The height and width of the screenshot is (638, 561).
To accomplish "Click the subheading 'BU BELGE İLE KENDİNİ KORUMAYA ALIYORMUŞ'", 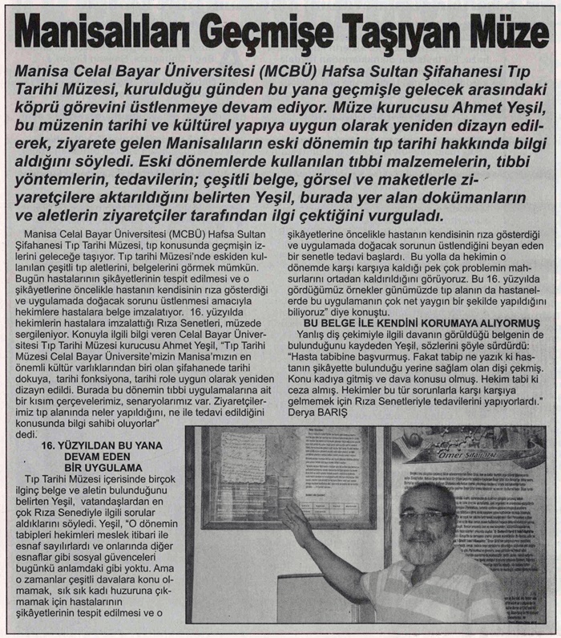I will click(408, 321).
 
